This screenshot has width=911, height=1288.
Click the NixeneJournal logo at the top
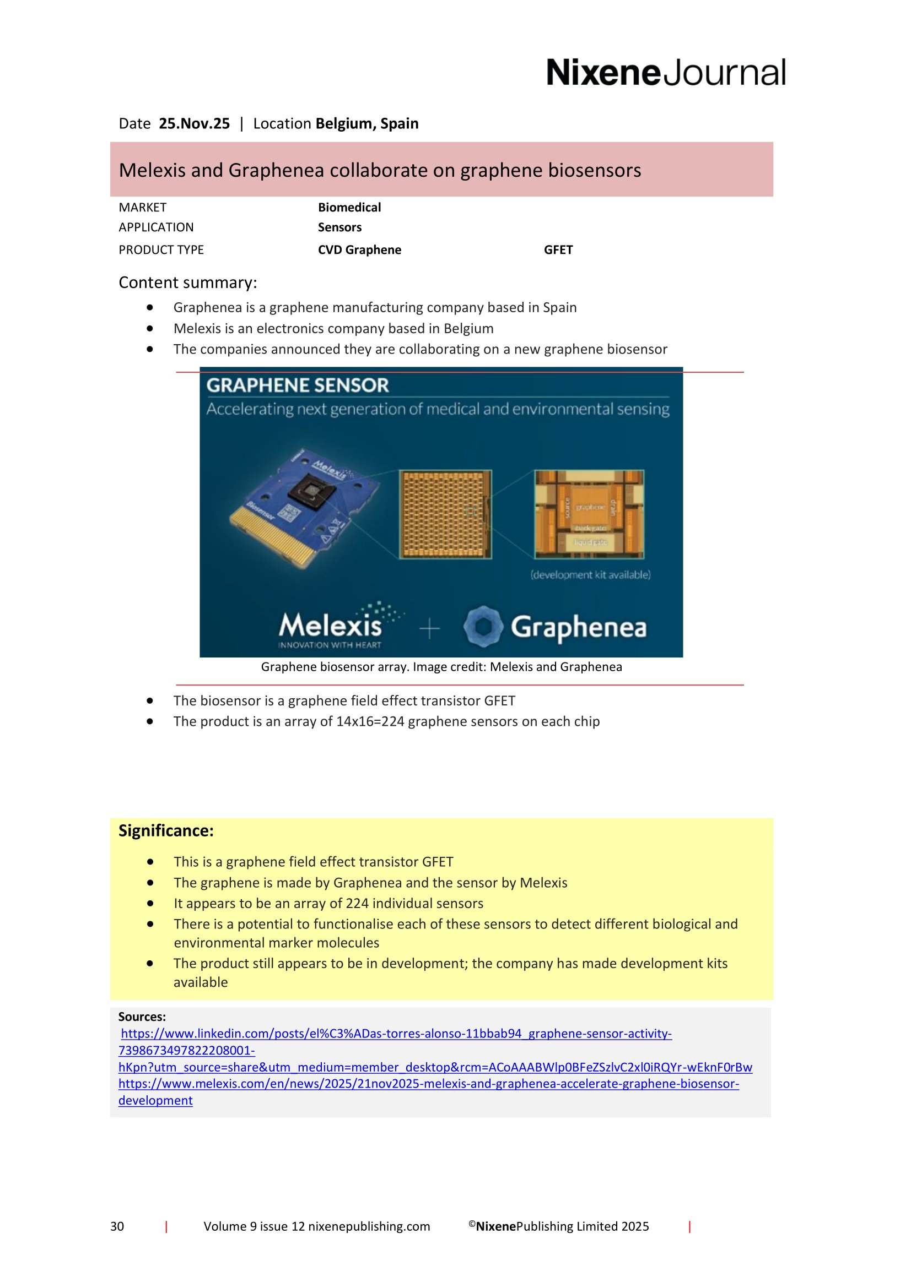click(666, 73)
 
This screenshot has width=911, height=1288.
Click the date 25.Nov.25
click(194, 123)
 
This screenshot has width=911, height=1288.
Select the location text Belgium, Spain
click(366, 123)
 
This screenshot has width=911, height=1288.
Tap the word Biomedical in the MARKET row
click(349, 208)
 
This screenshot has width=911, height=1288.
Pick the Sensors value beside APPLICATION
click(339, 227)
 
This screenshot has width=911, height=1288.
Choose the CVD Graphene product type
click(359, 249)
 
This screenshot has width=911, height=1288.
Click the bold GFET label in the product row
click(558, 249)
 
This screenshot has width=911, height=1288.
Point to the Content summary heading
click(187, 282)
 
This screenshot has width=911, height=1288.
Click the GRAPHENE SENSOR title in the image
click(298, 385)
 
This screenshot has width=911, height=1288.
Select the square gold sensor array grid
click(445, 514)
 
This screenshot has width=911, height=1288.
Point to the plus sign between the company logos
click(429, 628)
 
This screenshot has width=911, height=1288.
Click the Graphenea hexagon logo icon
click(483, 627)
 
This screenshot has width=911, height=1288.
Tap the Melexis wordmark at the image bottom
click(330, 626)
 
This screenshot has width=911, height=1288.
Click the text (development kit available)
click(590, 574)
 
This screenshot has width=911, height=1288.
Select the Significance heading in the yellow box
click(166, 831)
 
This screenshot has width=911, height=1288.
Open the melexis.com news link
click(428, 1084)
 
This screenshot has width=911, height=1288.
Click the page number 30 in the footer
click(117, 1226)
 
